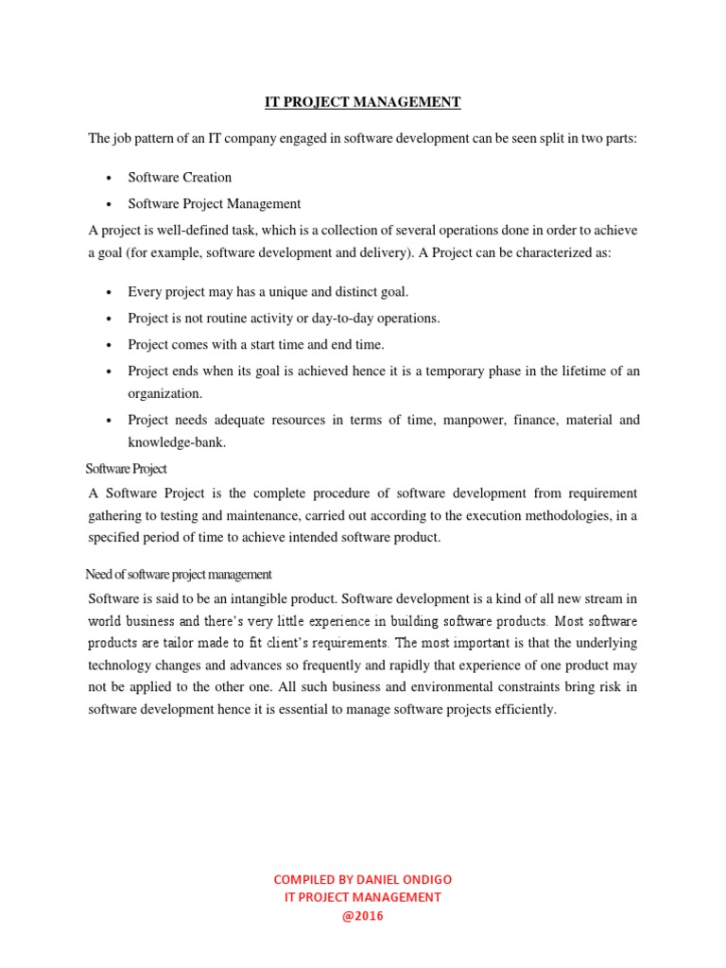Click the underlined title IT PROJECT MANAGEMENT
pos(362,102)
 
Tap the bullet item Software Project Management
pos(214,203)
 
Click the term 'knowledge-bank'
pos(177,441)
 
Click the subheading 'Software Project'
pos(126,468)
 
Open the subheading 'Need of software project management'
pos(179,574)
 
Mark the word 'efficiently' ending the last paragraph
pos(523,709)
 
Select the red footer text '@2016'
pos(362,915)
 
